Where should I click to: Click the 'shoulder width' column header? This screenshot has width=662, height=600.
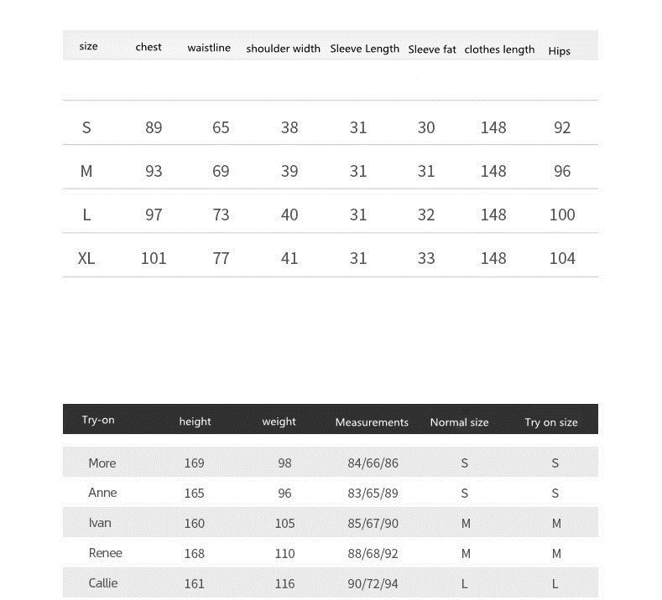point(283,49)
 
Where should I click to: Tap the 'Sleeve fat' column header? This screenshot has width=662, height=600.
point(432,49)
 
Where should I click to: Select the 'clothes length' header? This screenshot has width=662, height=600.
point(499,49)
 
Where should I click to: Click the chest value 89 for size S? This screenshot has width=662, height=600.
point(154,127)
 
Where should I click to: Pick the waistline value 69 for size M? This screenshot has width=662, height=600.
point(221,171)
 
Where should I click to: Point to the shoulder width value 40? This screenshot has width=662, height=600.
point(289,215)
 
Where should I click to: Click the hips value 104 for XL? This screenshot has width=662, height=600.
point(562,258)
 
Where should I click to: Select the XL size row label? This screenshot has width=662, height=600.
point(86,258)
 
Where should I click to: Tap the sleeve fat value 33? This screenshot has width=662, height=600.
point(426,258)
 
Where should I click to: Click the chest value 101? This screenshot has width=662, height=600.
point(154,258)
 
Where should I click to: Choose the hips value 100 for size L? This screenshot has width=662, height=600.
point(562,215)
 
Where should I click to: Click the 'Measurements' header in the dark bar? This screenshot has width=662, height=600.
point(372,422)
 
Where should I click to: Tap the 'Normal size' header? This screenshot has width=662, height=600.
point(459,422)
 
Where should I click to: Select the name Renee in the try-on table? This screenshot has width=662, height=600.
point(106,553)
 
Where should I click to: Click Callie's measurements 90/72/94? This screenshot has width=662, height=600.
point(373,583)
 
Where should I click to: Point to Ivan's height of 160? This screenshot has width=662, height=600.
point(195,523)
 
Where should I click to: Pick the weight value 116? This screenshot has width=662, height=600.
point(284,583)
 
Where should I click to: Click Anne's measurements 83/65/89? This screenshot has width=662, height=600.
point(373,493)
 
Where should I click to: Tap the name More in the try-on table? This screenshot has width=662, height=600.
point(102,463)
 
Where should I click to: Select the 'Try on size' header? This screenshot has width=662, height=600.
point(551,422)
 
